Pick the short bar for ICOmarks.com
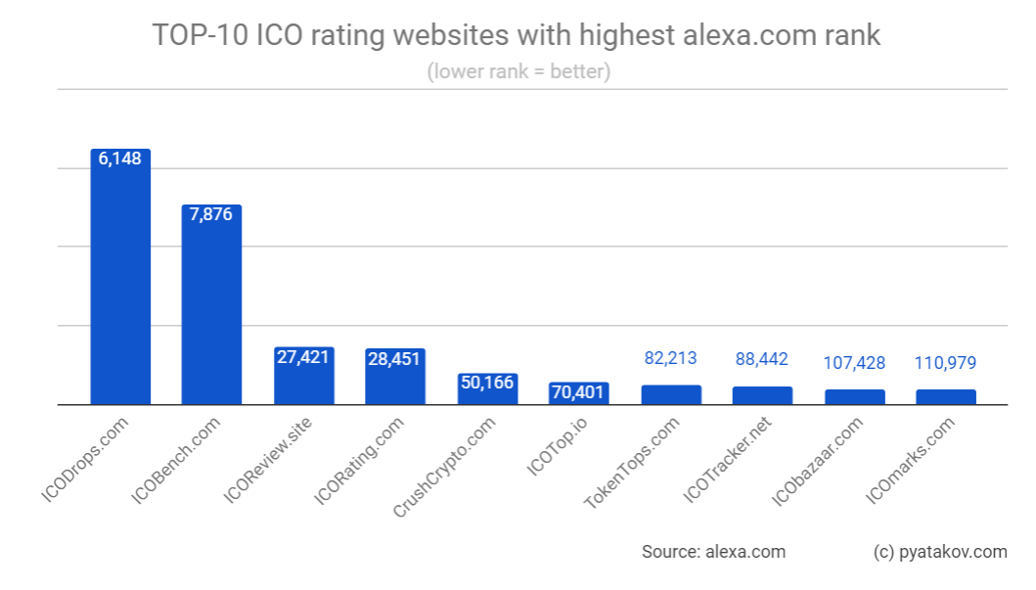(x=946, y=397)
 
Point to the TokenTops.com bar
(x=671, y=394)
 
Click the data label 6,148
(x=120, y=159)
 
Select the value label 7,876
(x=211, y=214)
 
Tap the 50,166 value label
(x=487, y=383)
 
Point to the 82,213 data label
(x=671, y=359)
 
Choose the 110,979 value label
(x=946, y=363)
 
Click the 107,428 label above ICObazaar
(x=854, y=363)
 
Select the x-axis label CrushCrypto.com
(x=446, y=467)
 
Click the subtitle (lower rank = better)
(x=518, y=72)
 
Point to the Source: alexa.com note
(x=713, y=552)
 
